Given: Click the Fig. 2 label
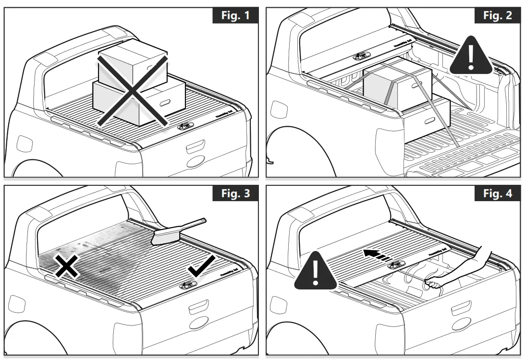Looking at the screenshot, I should (x=497, y=15).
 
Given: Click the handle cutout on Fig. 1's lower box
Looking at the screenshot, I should (x=164, y=102).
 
